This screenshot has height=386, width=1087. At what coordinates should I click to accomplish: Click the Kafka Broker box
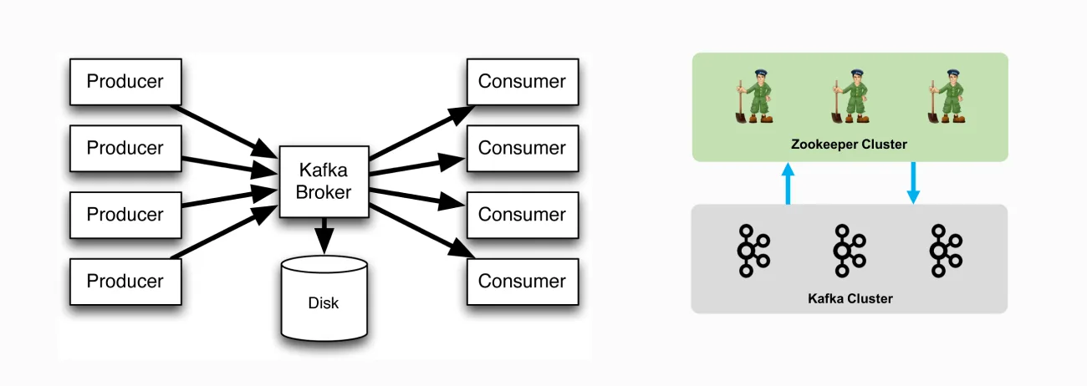(x=324, y=181)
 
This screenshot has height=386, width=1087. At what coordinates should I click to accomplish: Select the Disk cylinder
(x=324, y=298)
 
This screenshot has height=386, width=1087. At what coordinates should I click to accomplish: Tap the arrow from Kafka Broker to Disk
(x=324, y=235)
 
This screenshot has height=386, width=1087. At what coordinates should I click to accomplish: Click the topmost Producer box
(x=125, y=82)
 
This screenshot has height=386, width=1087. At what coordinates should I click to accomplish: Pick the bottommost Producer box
(x=125, y=282)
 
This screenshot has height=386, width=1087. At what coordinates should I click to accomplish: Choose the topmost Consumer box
(x=523, y=82)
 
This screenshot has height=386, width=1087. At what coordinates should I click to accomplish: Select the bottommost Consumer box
(x=523, y=282)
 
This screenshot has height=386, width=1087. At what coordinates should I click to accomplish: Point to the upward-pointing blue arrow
(x=788, y=183)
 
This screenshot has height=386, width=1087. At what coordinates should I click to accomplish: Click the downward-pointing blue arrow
(x=913, y=183)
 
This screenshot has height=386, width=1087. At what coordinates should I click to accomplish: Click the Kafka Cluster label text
(x=850, y=298)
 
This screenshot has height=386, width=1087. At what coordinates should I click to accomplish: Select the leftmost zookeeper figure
(x=754, y=96)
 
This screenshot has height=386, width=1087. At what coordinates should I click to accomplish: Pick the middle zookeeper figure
(x=850, y=96)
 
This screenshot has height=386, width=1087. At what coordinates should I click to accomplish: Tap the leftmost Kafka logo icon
(x=753, y=251)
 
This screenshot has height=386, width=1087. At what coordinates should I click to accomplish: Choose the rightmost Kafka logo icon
(x=946, y=251)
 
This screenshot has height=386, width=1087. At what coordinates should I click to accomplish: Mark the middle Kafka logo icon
(x=850, y=251)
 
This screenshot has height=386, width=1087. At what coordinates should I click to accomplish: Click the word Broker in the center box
(x=324, y=192)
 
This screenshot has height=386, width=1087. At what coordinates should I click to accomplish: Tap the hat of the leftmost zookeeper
(x=760, y=73)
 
